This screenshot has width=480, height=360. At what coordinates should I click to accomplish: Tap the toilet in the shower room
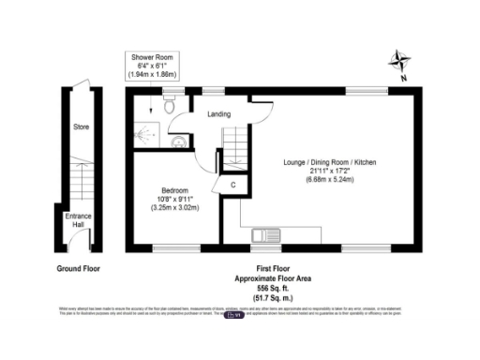click(170, 106)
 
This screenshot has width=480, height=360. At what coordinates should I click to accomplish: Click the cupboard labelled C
click(232, 186)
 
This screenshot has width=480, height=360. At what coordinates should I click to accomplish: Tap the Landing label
click(220, 115)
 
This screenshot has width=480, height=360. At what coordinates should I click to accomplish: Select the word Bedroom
click(172, 189)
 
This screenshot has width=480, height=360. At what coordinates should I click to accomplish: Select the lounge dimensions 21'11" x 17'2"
click(330, 172)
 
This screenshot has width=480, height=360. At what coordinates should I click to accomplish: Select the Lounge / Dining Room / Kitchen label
click(330, 162)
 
